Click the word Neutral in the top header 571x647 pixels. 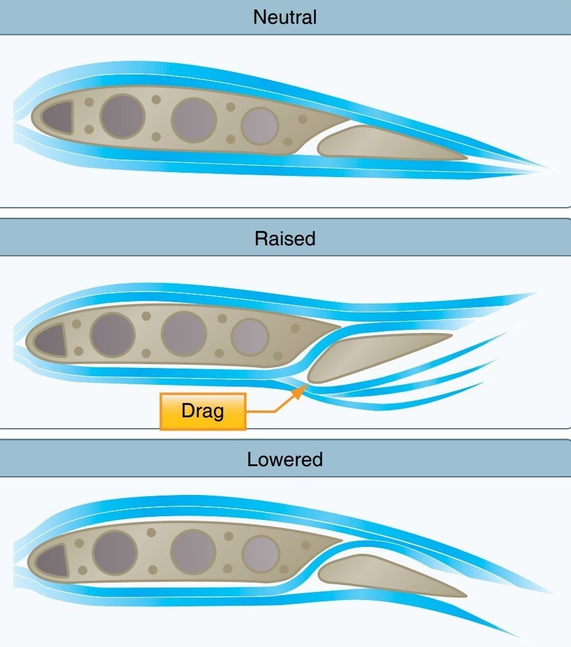[285, 17]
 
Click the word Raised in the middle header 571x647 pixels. [285, 238]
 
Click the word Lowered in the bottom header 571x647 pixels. [285, 460]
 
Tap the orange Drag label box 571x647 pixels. [203, 412]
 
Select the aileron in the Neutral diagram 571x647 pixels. [388, 144]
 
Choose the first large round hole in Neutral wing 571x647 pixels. [123, 116]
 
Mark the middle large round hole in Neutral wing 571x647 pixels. [194, 118]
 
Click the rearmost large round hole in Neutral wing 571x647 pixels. [260, 126]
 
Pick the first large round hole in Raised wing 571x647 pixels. [113, 335]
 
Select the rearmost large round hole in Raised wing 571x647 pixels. [250, 337]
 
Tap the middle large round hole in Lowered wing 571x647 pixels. [193, 551]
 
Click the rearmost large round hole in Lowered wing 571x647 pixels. [260, 554]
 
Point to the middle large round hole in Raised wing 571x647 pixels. [184, 334]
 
